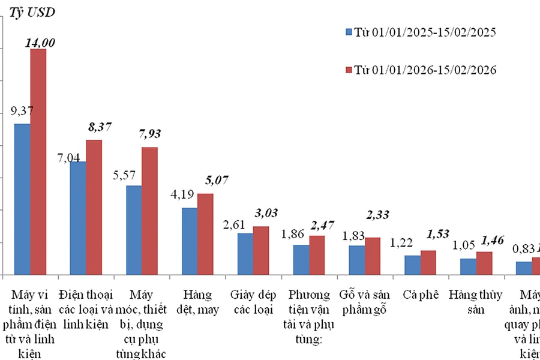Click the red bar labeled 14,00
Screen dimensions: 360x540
click(38, 162)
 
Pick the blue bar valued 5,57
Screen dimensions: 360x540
click(134, 230)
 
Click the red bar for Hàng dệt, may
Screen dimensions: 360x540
click(205, 234)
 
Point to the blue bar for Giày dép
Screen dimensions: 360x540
click(245, 254)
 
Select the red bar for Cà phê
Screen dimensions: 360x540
click(428, 262)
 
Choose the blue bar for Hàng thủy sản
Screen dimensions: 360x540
click(468, 266)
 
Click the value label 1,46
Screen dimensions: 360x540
click(485, 239)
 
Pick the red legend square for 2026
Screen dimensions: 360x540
click(349, 70)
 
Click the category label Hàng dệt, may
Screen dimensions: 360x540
click(197, 301)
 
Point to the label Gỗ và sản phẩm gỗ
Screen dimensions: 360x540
click(365, 301)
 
